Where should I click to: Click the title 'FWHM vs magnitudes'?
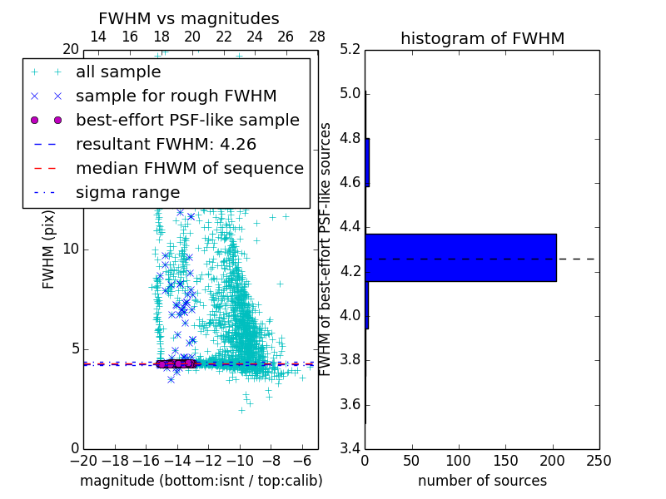point(189,18)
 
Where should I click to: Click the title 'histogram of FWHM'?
point(482,38)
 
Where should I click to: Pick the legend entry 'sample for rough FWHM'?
point(176,96)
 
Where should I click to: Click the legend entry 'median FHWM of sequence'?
point(190,168)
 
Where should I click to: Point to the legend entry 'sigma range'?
point(127,192)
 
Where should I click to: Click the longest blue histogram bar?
point(460,258)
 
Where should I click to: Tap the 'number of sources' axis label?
point(482,481)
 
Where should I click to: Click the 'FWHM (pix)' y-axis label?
point(49,249)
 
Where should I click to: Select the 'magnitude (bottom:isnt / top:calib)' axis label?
point(201,481)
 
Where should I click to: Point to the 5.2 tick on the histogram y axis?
point(350,49)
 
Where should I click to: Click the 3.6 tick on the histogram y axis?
point(350,404)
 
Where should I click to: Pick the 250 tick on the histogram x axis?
point(599,460)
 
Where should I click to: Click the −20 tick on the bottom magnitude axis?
point(83,460)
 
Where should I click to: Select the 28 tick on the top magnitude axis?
point(317,37)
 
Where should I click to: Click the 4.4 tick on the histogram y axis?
point(350,227)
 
